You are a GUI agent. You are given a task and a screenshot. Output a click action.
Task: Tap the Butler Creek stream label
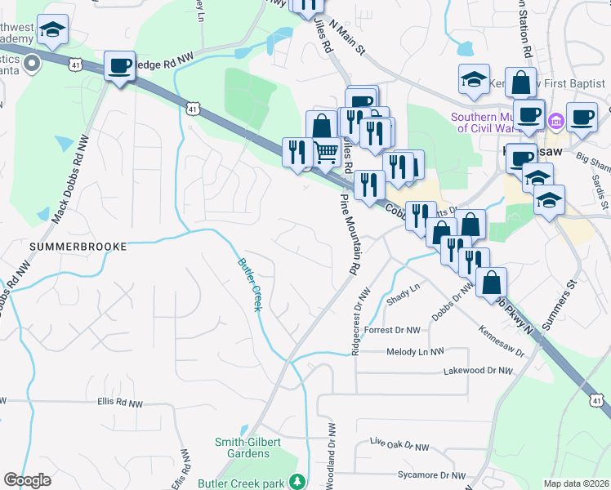249,284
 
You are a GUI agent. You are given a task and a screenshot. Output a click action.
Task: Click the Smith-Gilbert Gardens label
248,448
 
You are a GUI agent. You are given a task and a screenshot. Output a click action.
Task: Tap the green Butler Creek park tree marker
299,483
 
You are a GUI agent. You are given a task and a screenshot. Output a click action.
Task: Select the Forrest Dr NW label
392,331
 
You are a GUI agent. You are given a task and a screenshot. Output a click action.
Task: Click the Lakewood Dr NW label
478,371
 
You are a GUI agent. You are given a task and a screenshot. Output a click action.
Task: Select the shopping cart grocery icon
327,151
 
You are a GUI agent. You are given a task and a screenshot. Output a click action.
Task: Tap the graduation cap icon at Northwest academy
54,32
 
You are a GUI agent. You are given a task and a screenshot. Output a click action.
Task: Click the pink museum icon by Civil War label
557,122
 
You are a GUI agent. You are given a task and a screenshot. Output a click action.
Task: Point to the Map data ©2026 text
575,483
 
